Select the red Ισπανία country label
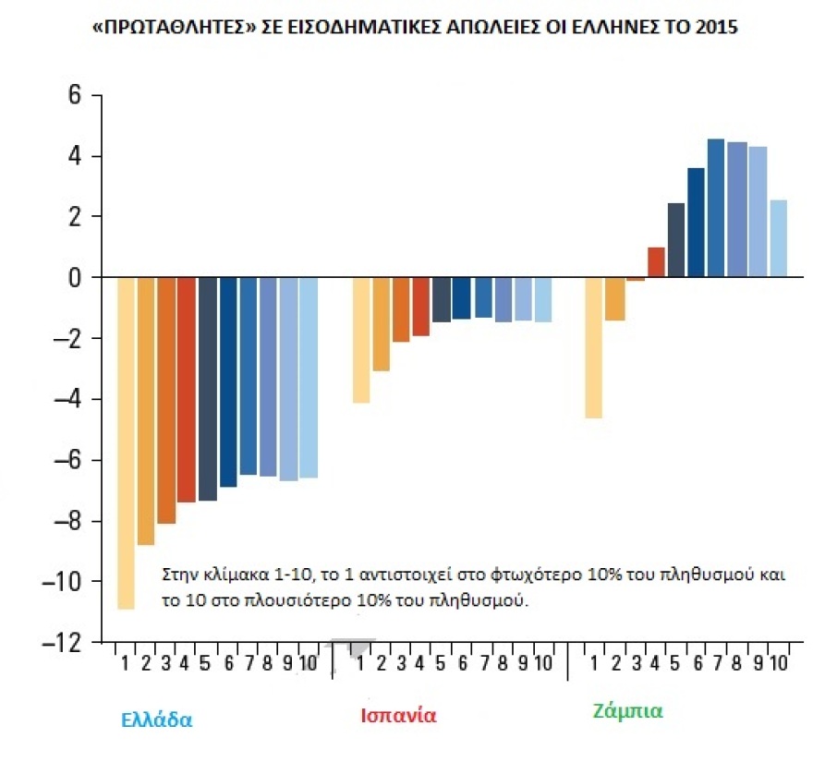pyautogui.click(x=398, y=716)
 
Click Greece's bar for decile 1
pyautogui.click(x=126, y=443)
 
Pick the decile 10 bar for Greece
pyautogui.click(x=309, y=378)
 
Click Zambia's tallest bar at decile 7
pyautogui.click(x=715, y=208)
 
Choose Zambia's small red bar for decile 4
pyautogui.click(x=656, y=262)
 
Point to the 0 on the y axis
pyautogui.click(x=76, y=278)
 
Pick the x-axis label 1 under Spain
pyautogui.click(x=360, y=663)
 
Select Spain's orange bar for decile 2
pyautogui.click(x=382, y=324)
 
